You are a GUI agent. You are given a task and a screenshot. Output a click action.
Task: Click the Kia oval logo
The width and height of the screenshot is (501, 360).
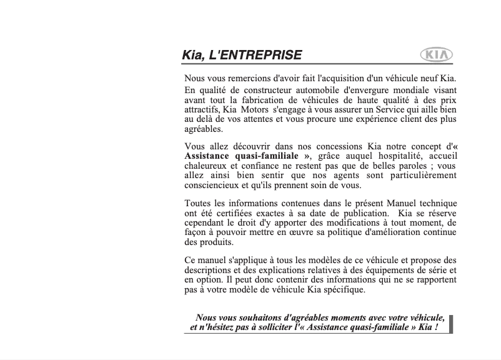coord(437,55)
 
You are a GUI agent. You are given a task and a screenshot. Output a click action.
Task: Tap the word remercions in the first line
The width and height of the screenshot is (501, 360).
coord(248,78)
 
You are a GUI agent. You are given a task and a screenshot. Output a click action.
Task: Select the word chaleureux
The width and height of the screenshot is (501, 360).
coord(206,166)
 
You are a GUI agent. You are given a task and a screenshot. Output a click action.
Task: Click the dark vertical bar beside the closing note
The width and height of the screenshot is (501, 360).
coord(452,324)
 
